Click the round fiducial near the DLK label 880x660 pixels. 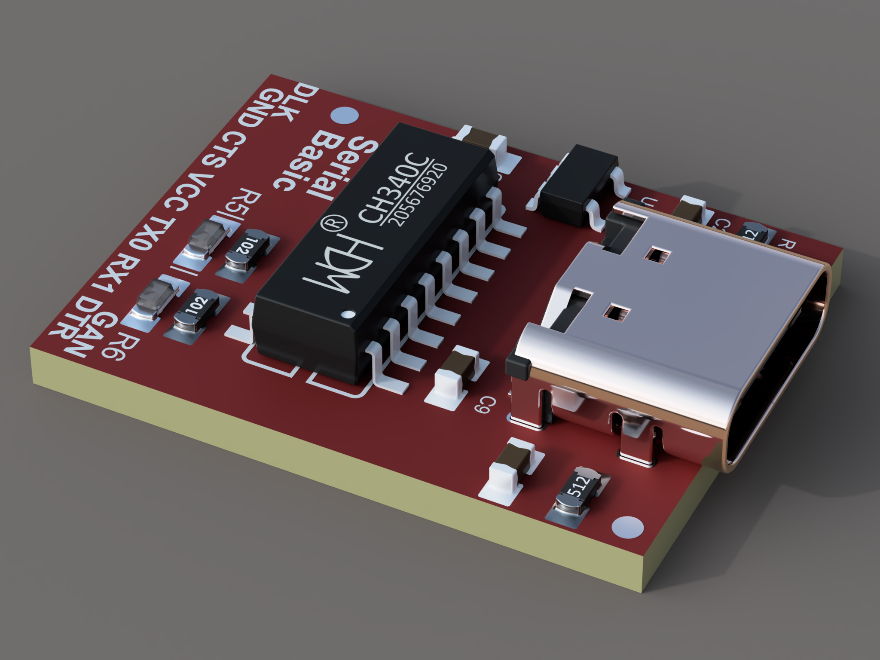point(345,116)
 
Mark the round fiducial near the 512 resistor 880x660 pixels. point(627,527)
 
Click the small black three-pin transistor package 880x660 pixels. point(576,185)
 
